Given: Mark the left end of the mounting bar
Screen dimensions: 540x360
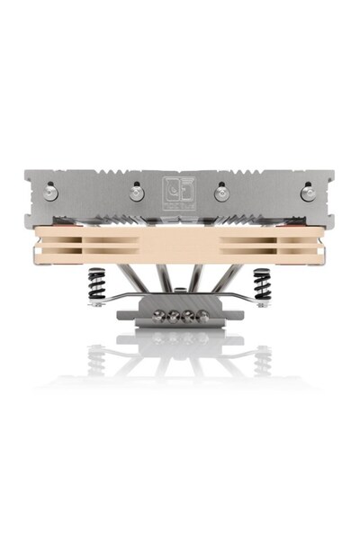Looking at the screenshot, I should click(x=93, y=302).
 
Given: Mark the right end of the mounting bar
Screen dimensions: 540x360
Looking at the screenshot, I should click(x=267, y=302).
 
